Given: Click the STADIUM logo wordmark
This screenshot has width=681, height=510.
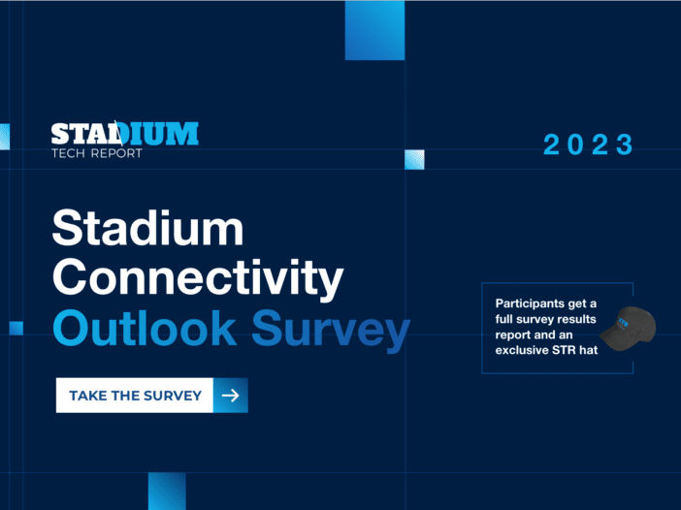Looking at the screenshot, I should (x=124, y=134).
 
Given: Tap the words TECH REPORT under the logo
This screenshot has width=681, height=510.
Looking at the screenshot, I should (x=96, y=153).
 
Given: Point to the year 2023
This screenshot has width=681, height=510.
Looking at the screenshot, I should (x=588, y=145).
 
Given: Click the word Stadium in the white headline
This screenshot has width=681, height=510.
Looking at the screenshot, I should (x=147, y=230).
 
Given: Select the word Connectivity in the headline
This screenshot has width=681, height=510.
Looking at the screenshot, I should (x=198, y=279).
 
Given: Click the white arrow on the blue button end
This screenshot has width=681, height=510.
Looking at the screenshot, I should (x=231, y=396).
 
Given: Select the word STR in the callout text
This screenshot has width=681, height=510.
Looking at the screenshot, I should (x=565, y=350).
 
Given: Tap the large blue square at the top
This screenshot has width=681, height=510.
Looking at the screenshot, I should (x=374, y=30).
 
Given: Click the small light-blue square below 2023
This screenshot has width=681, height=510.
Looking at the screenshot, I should (x=414, y=160).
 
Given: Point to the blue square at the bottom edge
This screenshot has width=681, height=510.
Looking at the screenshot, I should (x=167, y=491).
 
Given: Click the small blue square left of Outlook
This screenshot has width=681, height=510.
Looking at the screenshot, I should (x=16, y=328).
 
